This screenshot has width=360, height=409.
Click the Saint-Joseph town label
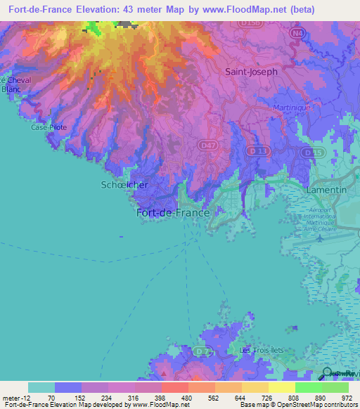pos(251,72)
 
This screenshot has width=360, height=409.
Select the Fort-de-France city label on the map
pos(172,213)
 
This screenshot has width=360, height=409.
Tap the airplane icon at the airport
pos(321,238)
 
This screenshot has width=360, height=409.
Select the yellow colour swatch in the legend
pos(282,387)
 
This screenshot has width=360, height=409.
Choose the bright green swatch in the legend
pos(309,387)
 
